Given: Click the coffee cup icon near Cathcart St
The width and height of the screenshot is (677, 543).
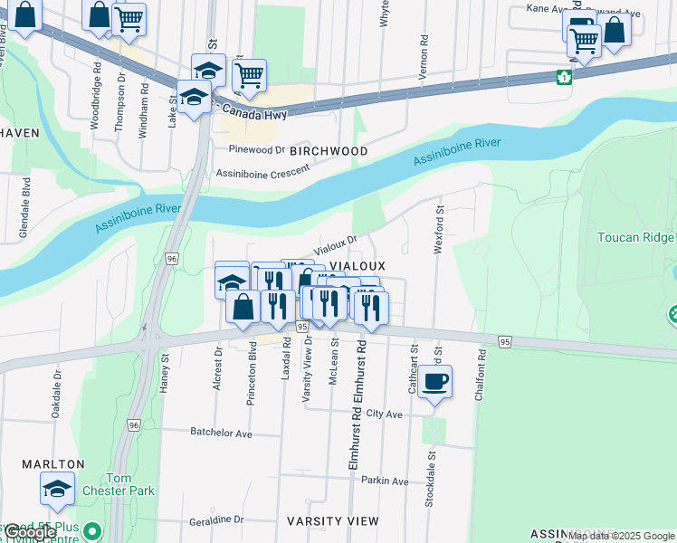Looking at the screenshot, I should [x=434, y=381].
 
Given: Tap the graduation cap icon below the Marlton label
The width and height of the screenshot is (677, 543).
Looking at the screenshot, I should [x=57, y=489].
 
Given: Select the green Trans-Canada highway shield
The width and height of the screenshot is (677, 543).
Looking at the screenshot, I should [x=564, y=77].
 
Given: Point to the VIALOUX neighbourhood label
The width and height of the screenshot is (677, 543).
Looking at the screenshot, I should [x=358, y=266].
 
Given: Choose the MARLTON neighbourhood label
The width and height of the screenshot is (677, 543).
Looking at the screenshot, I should [x=53, y=464].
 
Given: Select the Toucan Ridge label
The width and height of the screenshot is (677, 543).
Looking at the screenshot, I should [x=635, y=238].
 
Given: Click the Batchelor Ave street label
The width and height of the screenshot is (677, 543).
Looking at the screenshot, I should [x=221, y=433].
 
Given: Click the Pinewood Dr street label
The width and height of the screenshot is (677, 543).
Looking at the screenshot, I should [x=256, y=149].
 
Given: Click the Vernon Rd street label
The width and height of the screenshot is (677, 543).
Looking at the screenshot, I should [x=423, y=58].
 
